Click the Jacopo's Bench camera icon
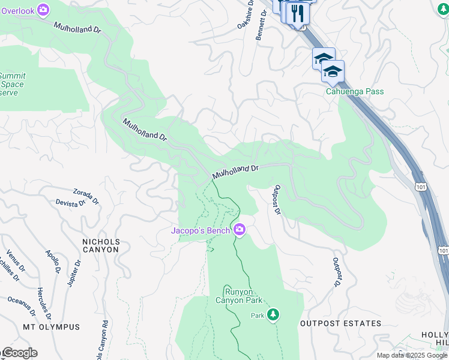pyautogui.click(x=240, y=230)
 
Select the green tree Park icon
pyautogui.click(x=273, y=314)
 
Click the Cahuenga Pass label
pyautogui.click(x=355, y=92)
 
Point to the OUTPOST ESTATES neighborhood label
pyautogui.click(x=340, y=323)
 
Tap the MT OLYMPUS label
pyautogui.click(x=52, y=327)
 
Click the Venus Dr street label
pyautogui.click(x=16, y=261)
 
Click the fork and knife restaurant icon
pyautogui.click(x=297, y=13)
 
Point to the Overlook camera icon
pyautogui.click(x=43, y=9)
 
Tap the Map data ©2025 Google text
pyautogui.click(x=411, y=355)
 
